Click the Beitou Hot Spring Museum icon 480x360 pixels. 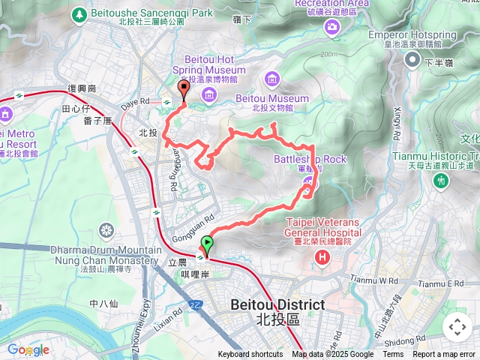pyautogui.click(x=208, y=94)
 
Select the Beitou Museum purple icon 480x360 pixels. pyautogui.click(x=271, y=78)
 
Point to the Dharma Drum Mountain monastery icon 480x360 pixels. pyautogui.click(x=106, y=229)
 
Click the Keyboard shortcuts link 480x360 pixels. pyautogui.click(x=250, y=355)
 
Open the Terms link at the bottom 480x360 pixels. pyautogui.click(x=393, y=355)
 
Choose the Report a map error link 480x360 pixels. pyautogui.click(x=444, y=355)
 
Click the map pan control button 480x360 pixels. pyautogui.click(x=457, y=327)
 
